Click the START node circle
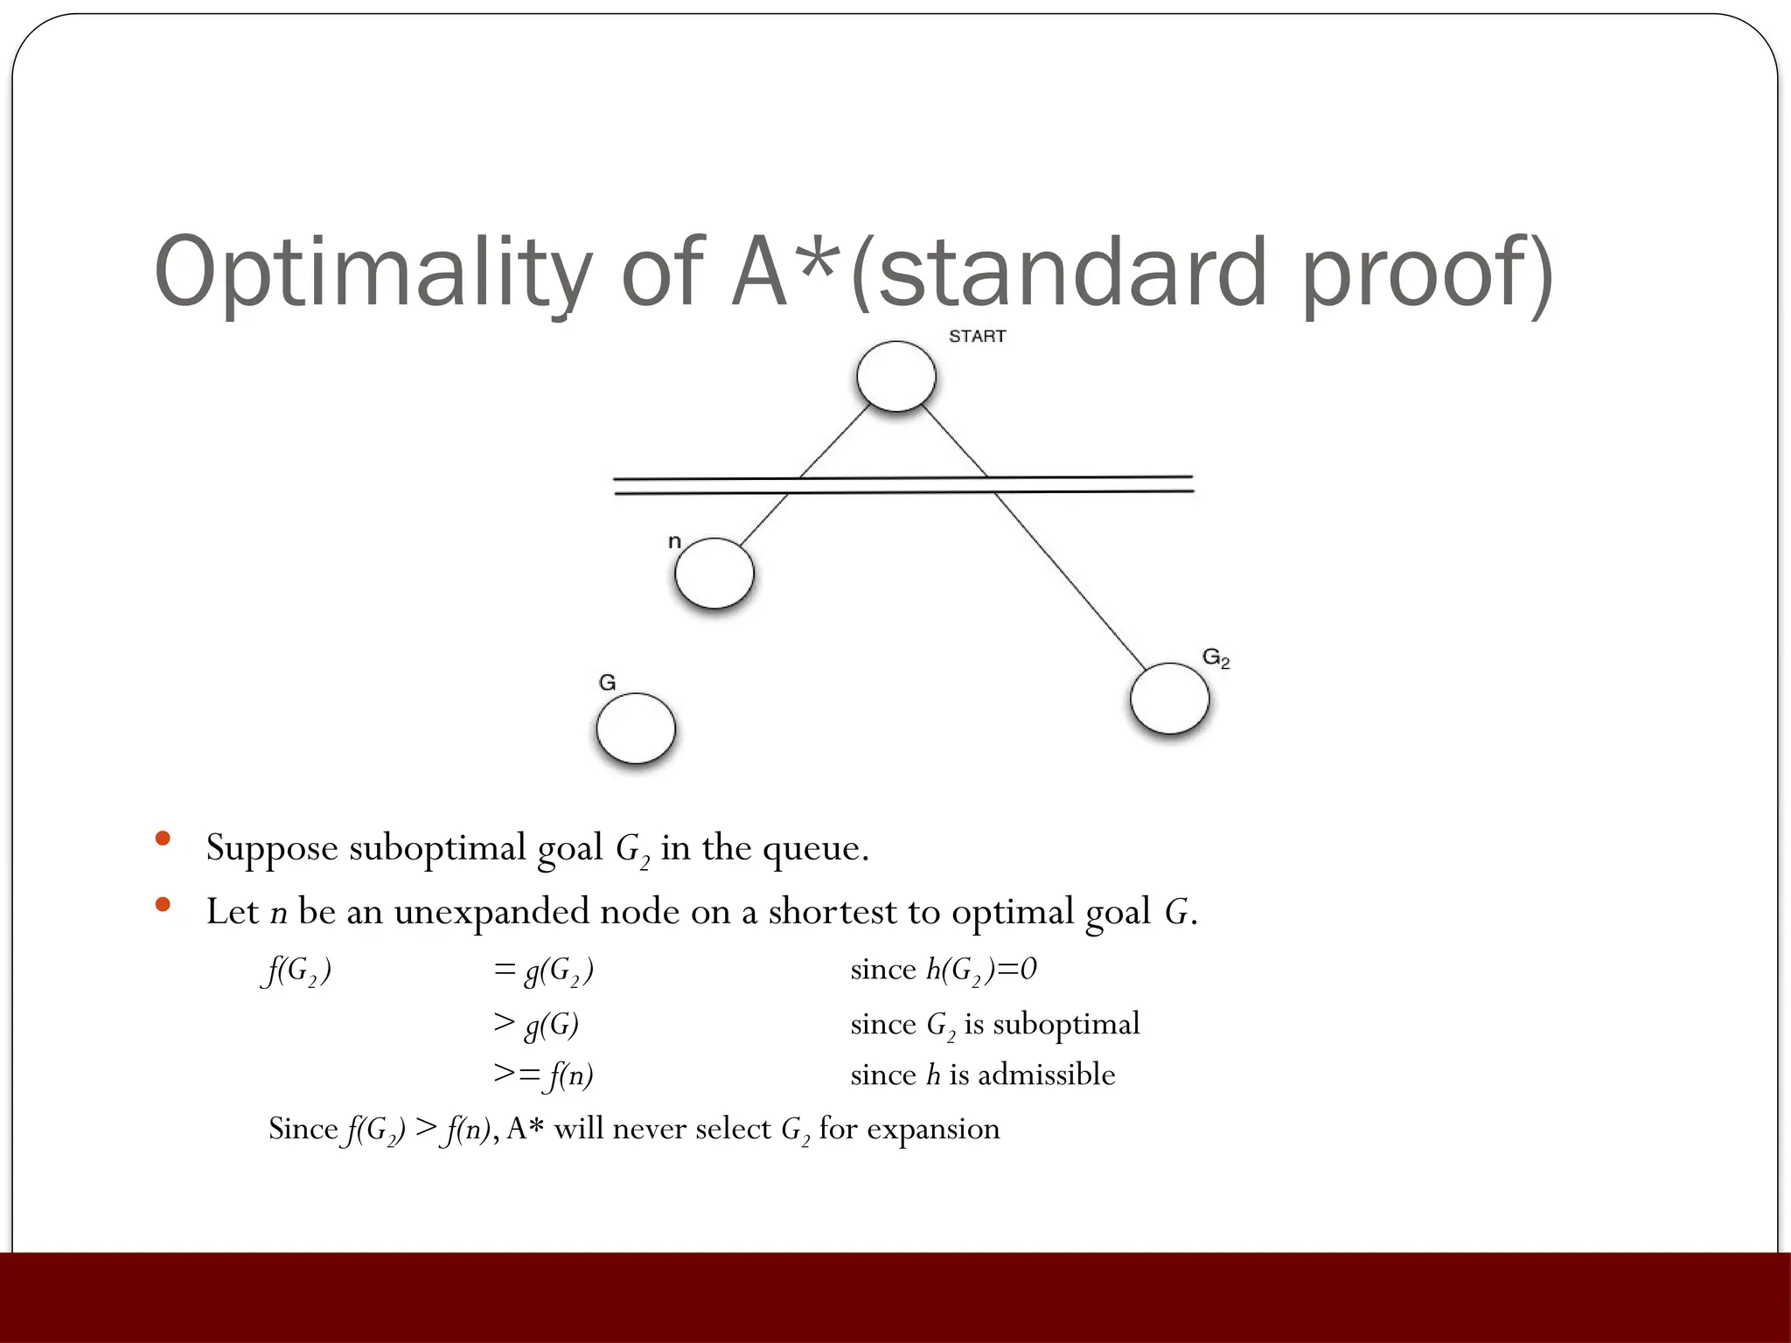pyautogui.click(x=896, y=376)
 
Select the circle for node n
pyautogui.click(x=714, y=574)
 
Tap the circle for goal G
pyautogui.click(x=636, y=728)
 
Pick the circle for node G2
pyautogui.click(x=1169, y=699)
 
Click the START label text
pyautogui.click(x=977, y=337)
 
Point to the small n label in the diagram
pyautogui.click(x=674, y=542)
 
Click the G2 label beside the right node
pyautogui.click(x=1216, y=658)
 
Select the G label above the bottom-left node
pyautogui.click(x=607, y=682)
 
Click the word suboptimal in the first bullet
pyautogui.click(x=437, y=848)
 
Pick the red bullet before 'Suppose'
pyautogui.click(x=162, y=839)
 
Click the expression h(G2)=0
pyautogui.click(x=981, y=970)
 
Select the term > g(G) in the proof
pyautogui.click(x=536, y=1024)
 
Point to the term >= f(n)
pyautogui.click(x=543, y=1075)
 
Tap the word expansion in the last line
pyautogui.click(x=933, y=1129)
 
